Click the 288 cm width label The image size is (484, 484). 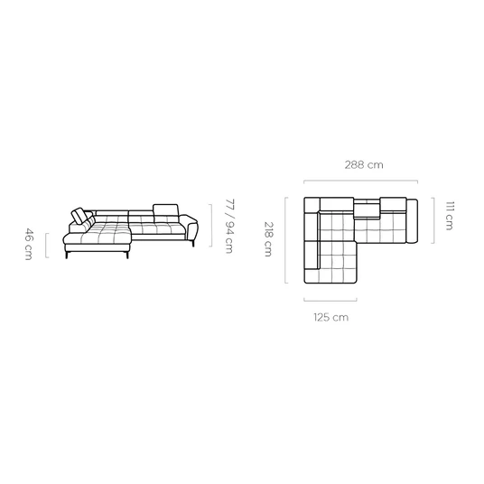(364, 165)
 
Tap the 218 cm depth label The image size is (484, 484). (268, 239)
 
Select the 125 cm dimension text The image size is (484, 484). (331, 317)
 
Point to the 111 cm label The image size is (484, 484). (450, 216)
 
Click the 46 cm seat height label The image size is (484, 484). (28, 244)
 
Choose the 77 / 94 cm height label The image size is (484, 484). (229, 227)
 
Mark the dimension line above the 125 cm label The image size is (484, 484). (330, 300)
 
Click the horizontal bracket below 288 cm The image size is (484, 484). (361, 181)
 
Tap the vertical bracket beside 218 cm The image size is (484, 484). (286, 240)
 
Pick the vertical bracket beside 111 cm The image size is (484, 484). (433, 220)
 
